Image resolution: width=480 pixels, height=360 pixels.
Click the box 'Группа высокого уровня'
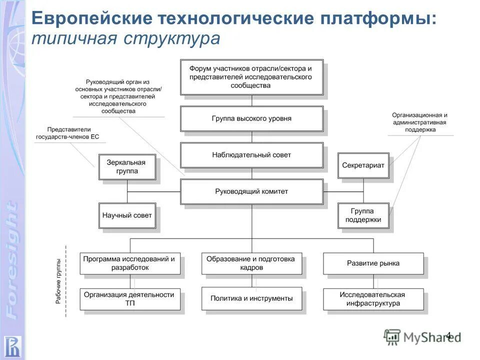[251, 119]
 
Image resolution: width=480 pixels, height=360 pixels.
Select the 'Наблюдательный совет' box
[251, 155]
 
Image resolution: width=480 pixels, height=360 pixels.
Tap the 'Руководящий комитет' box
[251, 191]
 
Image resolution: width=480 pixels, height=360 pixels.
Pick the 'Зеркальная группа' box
[127, 167]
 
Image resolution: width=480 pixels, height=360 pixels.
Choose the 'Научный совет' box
[127, 215]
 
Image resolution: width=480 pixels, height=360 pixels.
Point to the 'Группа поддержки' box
[363, 215]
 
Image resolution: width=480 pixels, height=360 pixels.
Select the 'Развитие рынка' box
[373, 263]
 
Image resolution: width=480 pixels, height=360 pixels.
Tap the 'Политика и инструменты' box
[251, 298]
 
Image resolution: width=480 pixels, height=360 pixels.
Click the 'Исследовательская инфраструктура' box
[373, 298]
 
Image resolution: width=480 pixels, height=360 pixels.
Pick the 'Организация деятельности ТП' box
[129, 298]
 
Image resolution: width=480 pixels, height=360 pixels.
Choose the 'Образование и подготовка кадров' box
[251, 263]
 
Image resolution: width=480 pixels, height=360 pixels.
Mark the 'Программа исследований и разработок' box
[129, 263]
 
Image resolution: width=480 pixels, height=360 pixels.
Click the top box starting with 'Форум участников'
[251, 77]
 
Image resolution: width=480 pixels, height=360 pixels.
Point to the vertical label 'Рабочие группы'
[59, 282]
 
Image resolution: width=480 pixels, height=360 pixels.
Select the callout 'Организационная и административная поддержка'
[419, 122]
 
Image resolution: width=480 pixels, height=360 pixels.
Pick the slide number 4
[448, 335]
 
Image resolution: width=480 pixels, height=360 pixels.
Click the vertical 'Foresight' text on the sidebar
[12, 260]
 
